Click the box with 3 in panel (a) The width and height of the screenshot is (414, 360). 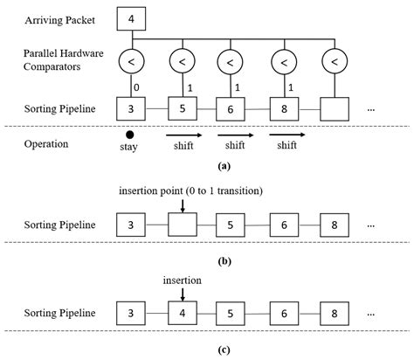[x=131, y=110]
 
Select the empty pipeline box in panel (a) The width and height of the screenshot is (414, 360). [x=335, y=110]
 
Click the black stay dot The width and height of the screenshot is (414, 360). [x=130, y=135]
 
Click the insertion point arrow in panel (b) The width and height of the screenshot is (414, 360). [x=182, y=204]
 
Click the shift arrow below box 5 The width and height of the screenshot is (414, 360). [x=184, y=135]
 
